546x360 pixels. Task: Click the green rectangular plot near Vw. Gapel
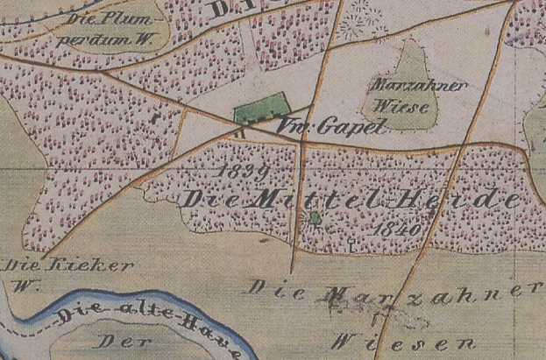[x=260, y=109]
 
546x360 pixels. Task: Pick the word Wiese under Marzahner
[x=405, y=107]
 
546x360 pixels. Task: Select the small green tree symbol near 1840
[x=315, y=216]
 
